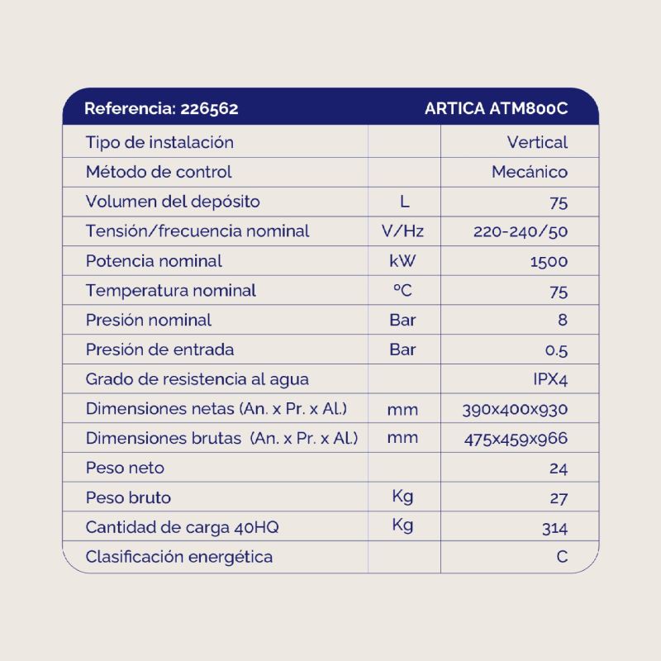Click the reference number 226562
click(x=209, y=108)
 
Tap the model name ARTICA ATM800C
click(x=496, y=108)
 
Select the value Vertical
click(x=537, y=142)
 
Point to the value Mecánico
click(x=530, y=172)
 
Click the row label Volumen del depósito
click(x=173, y=202)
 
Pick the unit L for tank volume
click(x=403, y=202)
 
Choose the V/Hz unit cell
click(x=403, y=231)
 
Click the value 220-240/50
click(x=521, y=231)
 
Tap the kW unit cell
click(x=403, y=261)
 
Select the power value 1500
click(x=549, y=262)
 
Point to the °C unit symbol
click(x=402, y=291)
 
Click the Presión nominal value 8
click(x=563, y=321)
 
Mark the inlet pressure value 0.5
click(x=557, y=350)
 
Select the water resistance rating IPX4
click(x=550, y=380)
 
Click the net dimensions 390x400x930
click(x=516, y=410)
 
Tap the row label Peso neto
click(x=125, y=468)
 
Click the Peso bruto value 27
click(x=559, y=498)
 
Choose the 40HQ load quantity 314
click(x=554, y=528)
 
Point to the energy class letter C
click(x=562, y=557)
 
